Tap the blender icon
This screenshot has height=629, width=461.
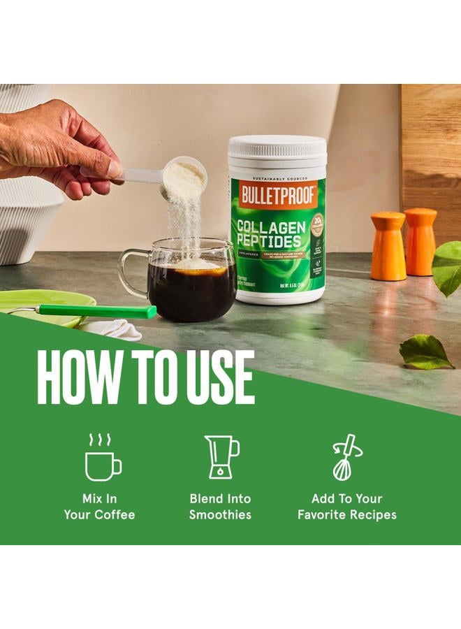tap(221, 458)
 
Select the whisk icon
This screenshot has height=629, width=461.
tap(346, 458)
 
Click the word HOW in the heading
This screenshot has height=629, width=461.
tap(79, 378)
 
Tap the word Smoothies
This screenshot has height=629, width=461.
tap(220, 515)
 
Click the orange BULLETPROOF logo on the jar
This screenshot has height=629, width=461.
tap(278, 195)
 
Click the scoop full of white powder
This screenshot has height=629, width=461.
tap(184, 176)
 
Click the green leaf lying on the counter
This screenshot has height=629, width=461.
tap(425, 353)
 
